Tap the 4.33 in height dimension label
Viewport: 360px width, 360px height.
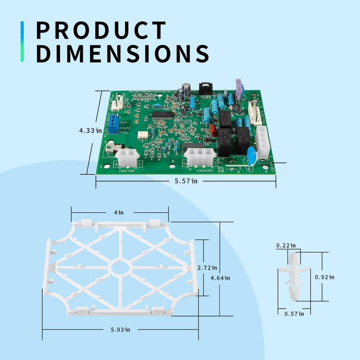[x=88, y=130]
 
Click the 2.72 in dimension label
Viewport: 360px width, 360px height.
[x=207, y=267]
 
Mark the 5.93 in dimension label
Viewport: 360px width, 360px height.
[x=120, y=329]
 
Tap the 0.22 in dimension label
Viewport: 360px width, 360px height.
[x=286, y=246]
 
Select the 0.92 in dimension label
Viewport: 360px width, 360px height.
[x=324, y=277]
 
